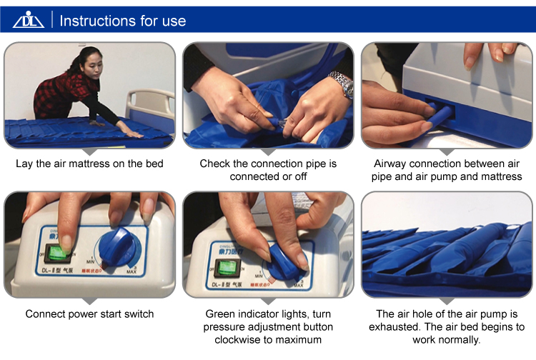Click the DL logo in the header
29,20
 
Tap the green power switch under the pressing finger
58,253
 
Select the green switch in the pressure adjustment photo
227,268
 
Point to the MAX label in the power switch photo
131,271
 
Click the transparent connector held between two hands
281,123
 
